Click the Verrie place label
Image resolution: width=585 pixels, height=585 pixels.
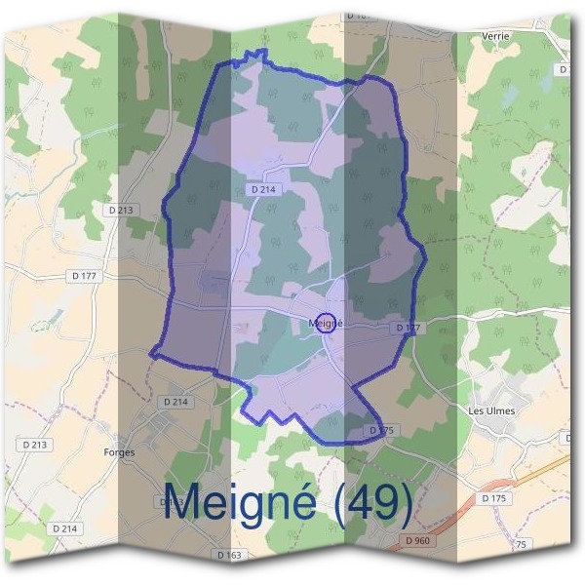click(x=496, y=36)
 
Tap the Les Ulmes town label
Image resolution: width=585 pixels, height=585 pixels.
click(x=490, y=411)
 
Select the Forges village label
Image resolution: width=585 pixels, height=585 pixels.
click(x=119, y=452)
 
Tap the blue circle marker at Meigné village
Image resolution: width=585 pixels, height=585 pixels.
click(x=329, y=323)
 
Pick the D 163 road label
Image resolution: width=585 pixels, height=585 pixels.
click(x=229, y=555)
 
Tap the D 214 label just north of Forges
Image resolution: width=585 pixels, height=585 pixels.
click(x=175, y=402)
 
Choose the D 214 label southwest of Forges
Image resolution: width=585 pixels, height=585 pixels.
click(x=65, y=527)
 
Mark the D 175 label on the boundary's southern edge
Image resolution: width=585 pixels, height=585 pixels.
click(x=380, y=430)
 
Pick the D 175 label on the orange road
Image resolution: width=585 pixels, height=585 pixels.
click(x=495, y=498)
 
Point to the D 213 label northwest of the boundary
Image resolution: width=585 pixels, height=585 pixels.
click(x=121, y=210)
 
